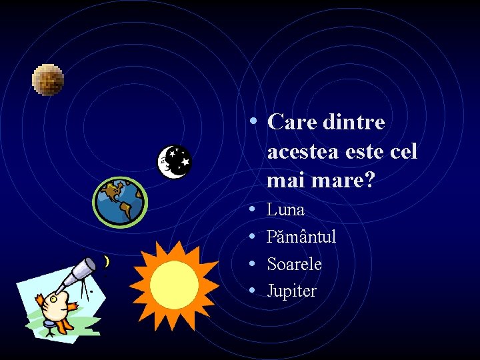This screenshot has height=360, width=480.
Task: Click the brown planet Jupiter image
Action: [48, 80]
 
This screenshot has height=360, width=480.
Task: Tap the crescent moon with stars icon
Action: [174, 161]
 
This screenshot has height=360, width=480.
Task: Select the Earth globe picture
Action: [120, 202]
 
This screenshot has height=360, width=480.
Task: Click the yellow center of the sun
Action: [174, 285]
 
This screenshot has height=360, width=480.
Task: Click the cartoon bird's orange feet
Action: [63, 325]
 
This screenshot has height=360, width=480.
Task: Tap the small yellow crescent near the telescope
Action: [107, 262]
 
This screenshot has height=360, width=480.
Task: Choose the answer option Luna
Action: [285, 209]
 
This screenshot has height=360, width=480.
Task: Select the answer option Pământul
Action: [301, 237]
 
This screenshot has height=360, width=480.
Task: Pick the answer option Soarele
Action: [294, 264]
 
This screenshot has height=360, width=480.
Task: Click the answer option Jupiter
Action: [291, 291]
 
